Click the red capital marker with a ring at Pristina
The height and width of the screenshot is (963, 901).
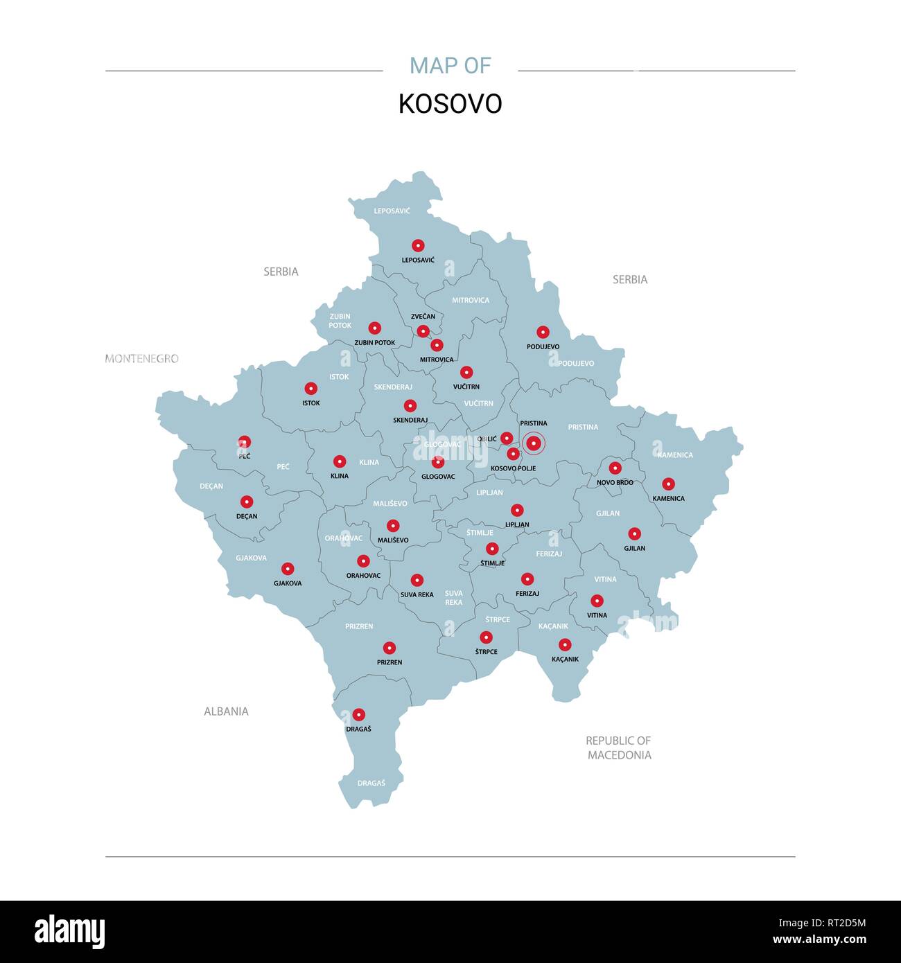coord(534,443)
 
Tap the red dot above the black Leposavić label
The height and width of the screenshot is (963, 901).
coord(418,245)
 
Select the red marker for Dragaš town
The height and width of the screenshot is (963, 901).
coord(358,714)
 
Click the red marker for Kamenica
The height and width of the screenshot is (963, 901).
coord(668,484)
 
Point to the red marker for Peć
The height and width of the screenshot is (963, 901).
coord(245,442)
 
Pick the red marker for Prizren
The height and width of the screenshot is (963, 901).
coord(390,648)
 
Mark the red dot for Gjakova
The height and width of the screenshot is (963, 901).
coord(288,569)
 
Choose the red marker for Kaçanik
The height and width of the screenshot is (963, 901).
coord(565,644)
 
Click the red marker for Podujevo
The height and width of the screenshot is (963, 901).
coord(543,333)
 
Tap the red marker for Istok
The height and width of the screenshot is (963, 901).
coord(311,389)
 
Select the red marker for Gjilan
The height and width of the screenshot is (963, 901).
coord(634,533)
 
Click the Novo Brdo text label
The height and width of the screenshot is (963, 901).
coord(615,482)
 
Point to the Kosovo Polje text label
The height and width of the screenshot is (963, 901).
coord(513,468)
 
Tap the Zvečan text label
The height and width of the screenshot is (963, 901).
coord(423,317)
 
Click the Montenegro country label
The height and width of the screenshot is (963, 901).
coord(142,358)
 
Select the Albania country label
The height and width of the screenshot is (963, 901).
coord(226,711)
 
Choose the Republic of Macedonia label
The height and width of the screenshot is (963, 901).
coord(619,748)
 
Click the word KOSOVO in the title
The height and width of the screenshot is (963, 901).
coord(450,104)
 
